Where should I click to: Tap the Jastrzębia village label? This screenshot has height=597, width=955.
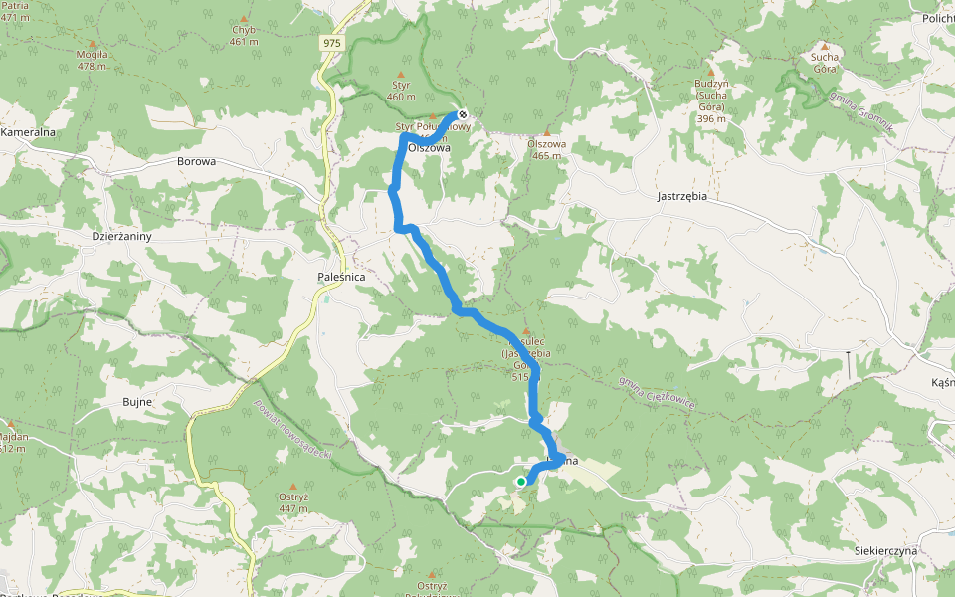681,196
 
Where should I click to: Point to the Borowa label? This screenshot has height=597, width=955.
196,161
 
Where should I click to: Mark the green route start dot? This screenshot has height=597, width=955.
520,482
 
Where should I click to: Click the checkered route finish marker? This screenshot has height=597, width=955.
463,114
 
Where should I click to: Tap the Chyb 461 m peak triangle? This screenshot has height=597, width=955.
243,18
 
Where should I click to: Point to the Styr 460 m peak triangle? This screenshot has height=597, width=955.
401,74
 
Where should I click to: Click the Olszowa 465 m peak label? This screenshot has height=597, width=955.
548,149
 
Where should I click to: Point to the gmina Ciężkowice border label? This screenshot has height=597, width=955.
656,392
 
